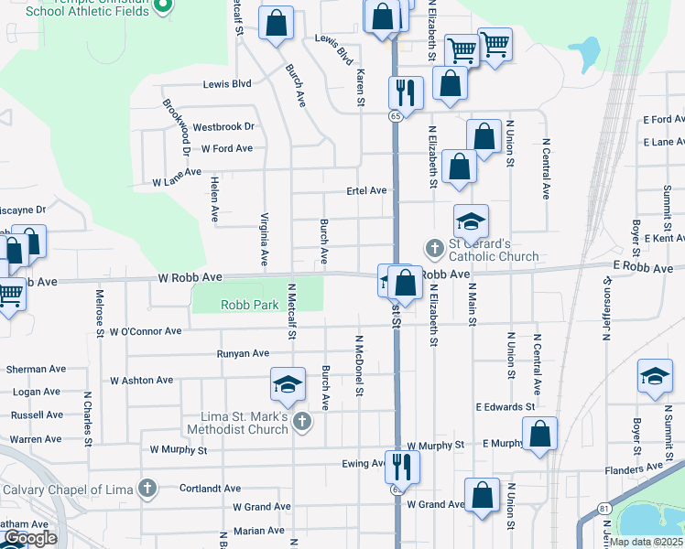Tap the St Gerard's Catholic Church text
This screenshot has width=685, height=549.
480,250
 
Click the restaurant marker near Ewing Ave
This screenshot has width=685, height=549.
402,466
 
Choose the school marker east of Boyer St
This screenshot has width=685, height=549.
655,376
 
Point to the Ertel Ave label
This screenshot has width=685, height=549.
366,190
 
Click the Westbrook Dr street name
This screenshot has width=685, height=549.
223,127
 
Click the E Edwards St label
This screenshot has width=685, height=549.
506,406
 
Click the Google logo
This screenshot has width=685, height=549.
30,538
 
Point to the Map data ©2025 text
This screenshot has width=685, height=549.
646,542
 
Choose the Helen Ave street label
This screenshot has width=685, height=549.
214,199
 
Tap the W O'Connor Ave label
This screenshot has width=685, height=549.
145,331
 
